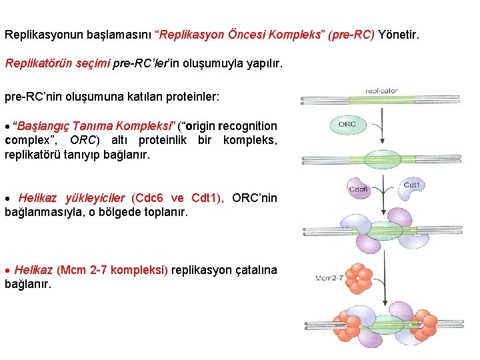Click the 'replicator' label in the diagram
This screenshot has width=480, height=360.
[x=381, y=90]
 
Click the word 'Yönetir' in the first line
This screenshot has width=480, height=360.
[x=399, y=33]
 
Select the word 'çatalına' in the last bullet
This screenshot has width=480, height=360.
[x=255, y=270]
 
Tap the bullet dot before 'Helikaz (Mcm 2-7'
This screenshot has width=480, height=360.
[x=7, y=271]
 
